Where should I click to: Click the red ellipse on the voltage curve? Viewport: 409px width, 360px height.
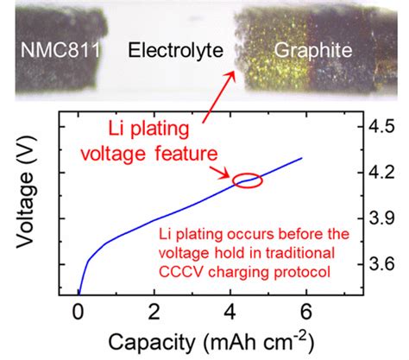click(x=247, y=180)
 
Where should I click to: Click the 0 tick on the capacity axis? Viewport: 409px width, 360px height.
click(x=79, y=311)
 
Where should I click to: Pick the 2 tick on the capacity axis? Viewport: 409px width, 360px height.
click(x=154, y=311)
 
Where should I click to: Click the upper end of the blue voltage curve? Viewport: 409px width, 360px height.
click(x=301, y=158)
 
